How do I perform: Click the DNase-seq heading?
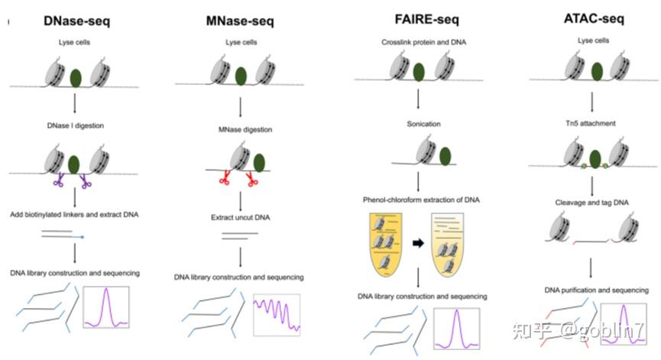76,21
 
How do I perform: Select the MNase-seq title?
239,21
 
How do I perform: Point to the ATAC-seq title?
589,21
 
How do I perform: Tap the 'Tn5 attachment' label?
592,122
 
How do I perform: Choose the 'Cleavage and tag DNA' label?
592,203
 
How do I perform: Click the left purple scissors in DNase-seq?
58,182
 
